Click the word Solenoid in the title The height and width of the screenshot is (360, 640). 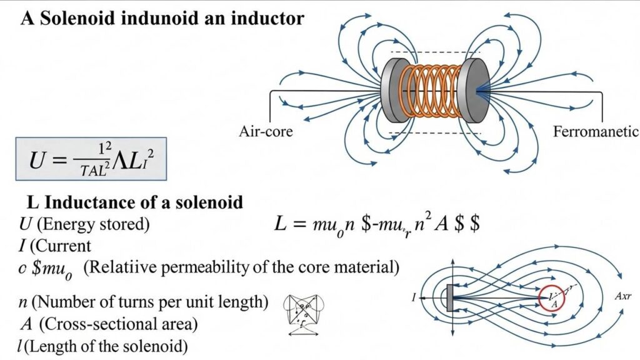click(x=78, y=18)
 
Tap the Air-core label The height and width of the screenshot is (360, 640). click(x=266, y=132)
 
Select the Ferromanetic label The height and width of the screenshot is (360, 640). click(x=596, y=132)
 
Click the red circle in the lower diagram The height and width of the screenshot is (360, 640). click(x=553, y=299)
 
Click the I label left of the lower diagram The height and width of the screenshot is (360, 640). click(x=414, y=299)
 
